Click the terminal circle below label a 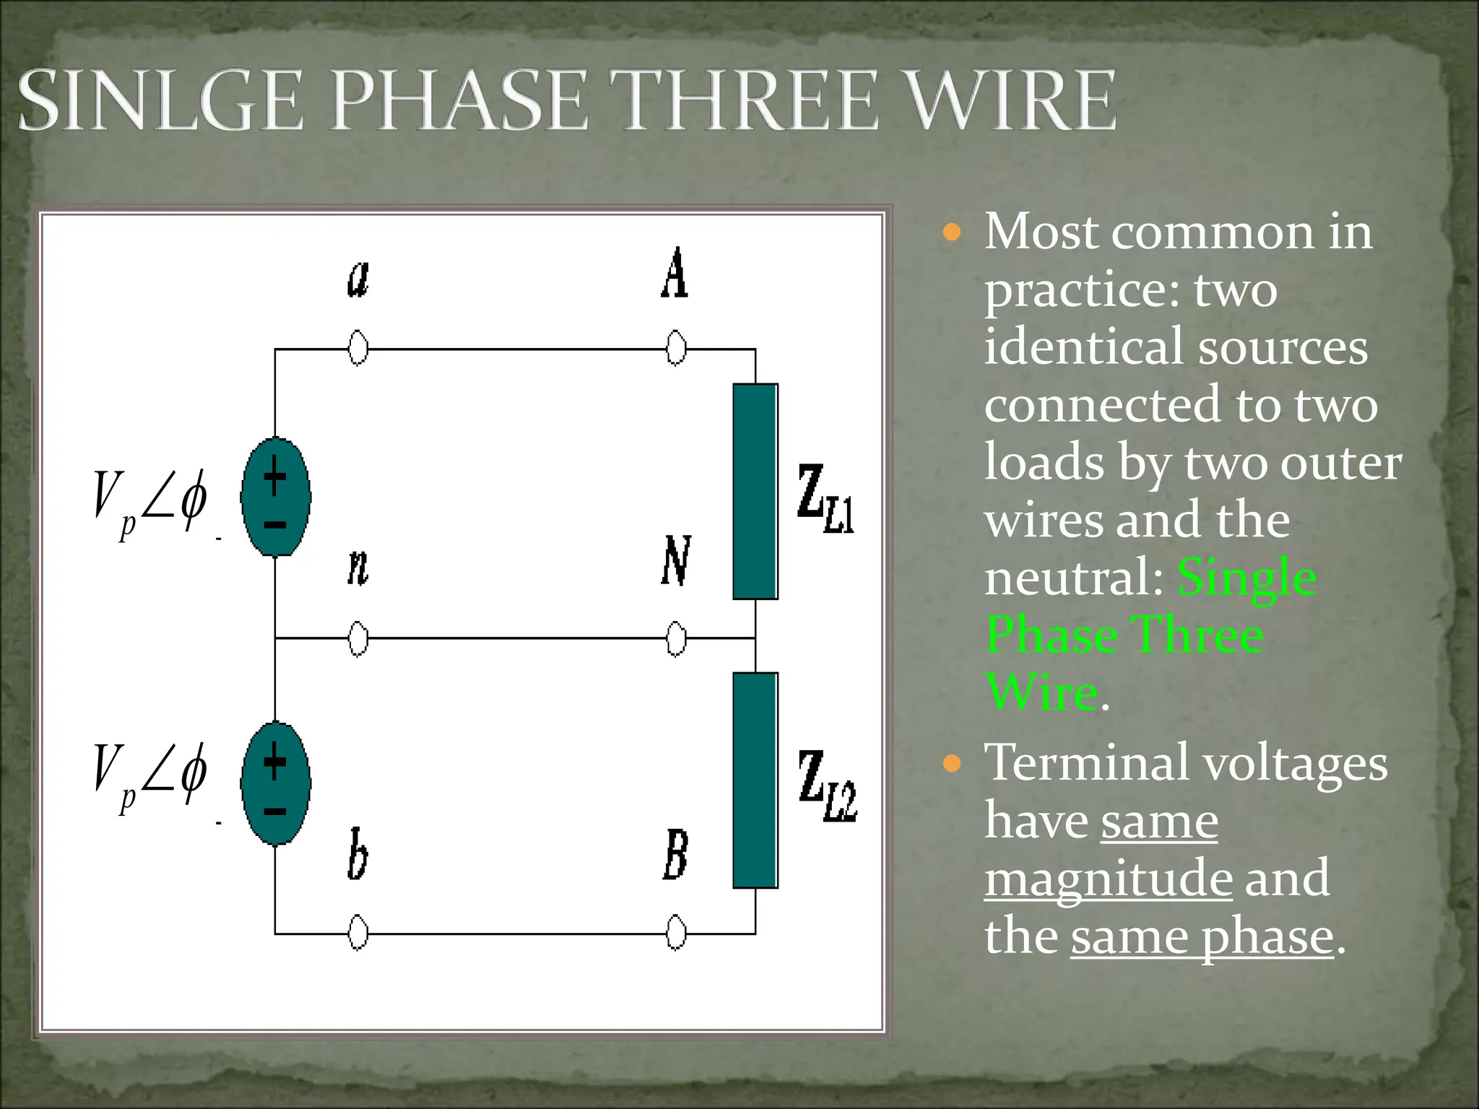(x=358, y=349)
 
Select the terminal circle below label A (x=676, y=349)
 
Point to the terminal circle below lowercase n (x=358, y=638)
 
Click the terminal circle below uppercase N (x=676, y=638)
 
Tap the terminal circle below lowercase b (x=358, y=933)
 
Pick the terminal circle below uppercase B (x=676, y=933)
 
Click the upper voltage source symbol (x=276, y=497)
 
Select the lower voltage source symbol (x=276, y=783)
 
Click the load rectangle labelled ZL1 (x=755, y=491)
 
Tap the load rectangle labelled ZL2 (x=755, y=780)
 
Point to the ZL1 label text (x=826, y=498)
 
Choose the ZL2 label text (x=828, y=786)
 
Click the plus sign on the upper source (x=275, y=475)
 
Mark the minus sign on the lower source (x=275, y=812)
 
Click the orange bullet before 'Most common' (x=953, y=232)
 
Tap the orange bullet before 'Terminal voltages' (x=953, y=764)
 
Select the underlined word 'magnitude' (x=1108, y=879)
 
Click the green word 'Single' (x=1246, y=578)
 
